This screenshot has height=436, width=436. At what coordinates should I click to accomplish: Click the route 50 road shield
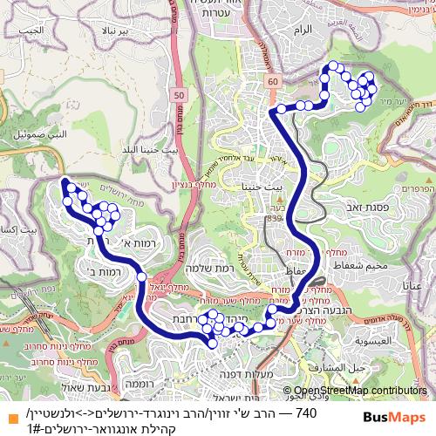(179, 93)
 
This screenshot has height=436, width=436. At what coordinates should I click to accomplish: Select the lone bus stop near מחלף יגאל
(141, 276)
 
